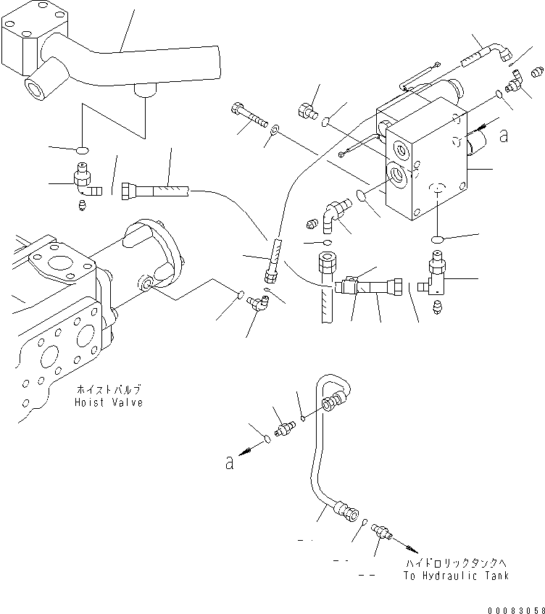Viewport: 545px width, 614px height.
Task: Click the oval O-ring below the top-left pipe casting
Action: click(83, 150)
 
